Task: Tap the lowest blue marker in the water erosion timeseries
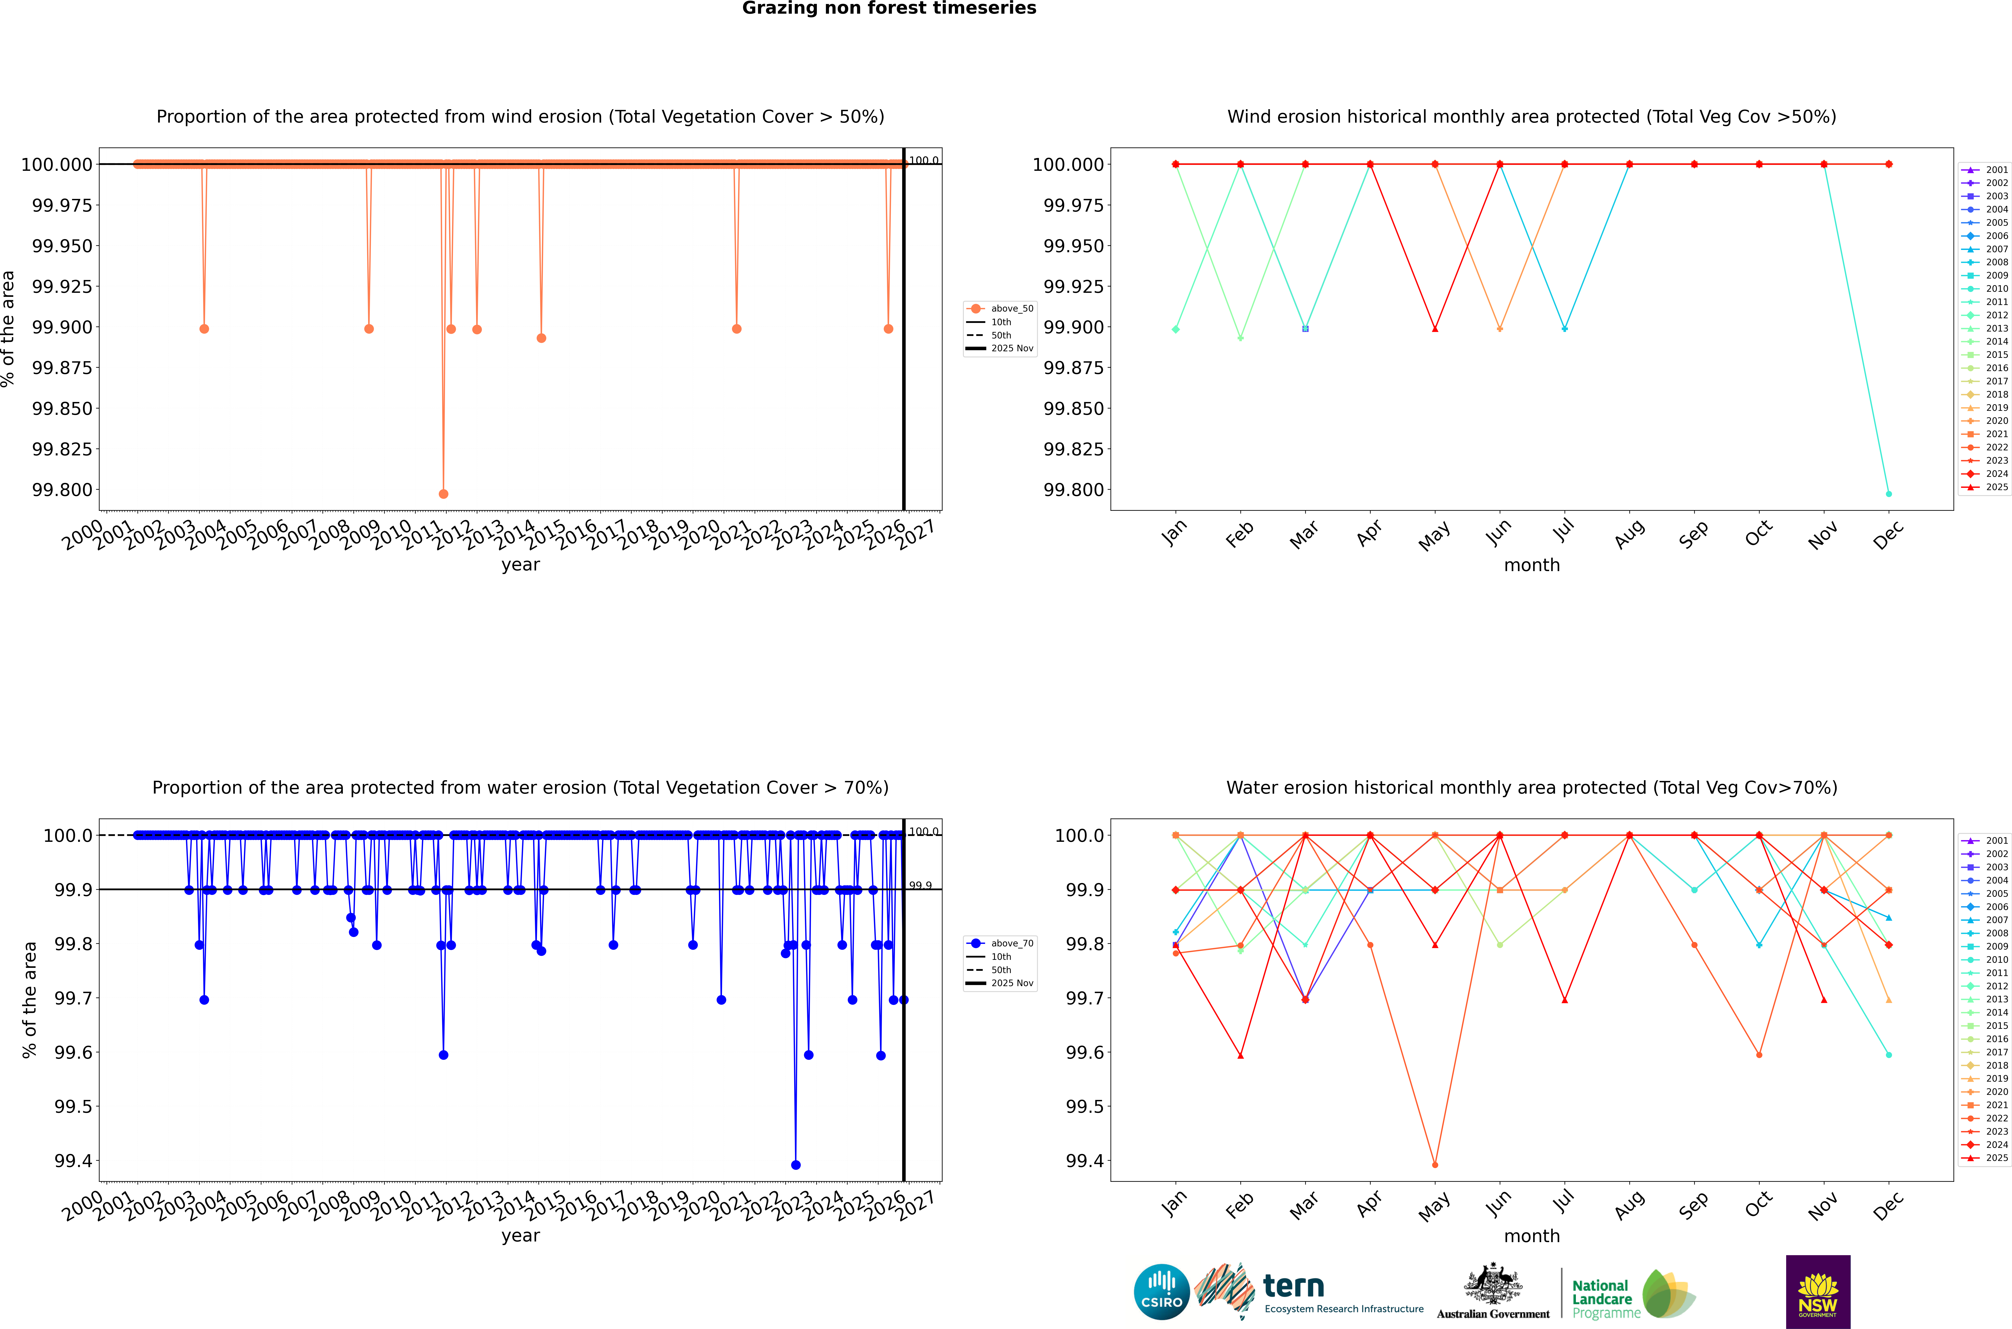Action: (795, 1165)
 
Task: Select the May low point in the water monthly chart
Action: (1435, 1165)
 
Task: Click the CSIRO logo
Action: (1162, 1292)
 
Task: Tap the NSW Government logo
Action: (1818, 1292)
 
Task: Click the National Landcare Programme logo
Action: (1632, 1295)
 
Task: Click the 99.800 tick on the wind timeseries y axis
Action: (62, 490)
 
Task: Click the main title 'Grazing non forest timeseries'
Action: (889, 8)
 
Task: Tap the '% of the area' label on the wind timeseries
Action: (8, 329)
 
